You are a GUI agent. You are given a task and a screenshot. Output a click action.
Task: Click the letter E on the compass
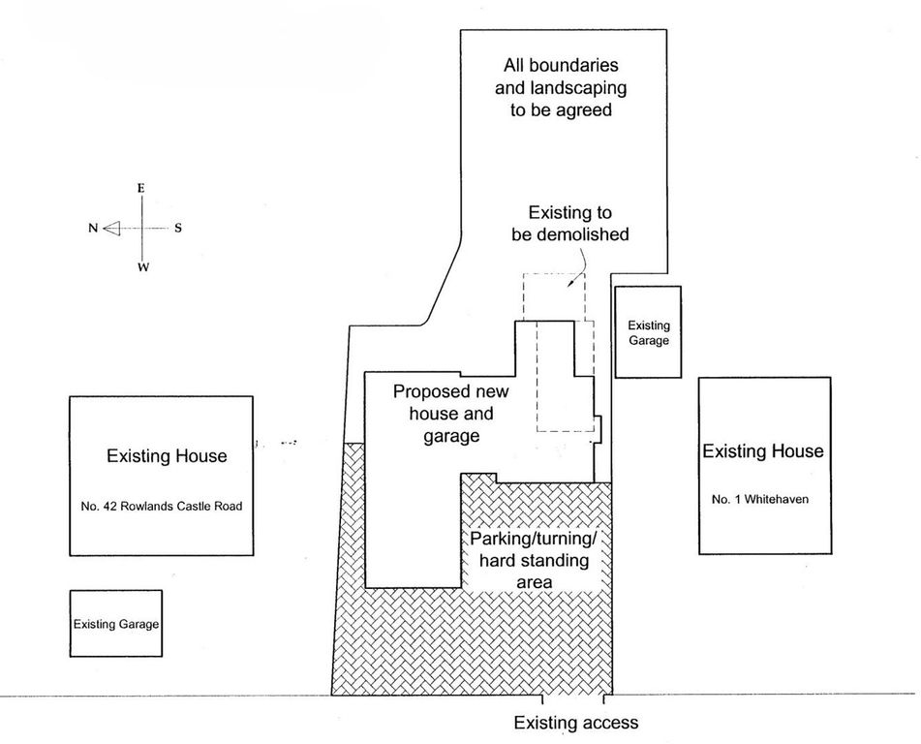141,188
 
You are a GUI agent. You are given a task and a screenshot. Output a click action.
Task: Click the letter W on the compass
142,267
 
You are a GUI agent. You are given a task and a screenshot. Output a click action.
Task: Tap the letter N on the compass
93,229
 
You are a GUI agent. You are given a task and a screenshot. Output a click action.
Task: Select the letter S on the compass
178,229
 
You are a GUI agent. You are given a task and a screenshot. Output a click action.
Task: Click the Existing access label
575,723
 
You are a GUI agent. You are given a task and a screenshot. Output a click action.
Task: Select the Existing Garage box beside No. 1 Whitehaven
648,332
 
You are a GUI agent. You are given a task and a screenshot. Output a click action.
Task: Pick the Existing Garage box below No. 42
116,625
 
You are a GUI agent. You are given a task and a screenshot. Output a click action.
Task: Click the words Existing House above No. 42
167,455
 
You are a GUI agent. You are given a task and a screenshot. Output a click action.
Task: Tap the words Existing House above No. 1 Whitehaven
762,451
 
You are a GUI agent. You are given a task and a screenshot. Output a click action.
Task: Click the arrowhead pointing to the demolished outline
571,286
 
